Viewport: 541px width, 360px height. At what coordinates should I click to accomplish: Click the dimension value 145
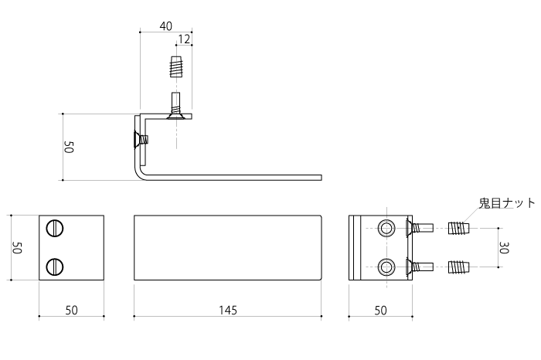(228, 311)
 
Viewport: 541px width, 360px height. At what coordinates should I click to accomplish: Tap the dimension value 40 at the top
(165, 26)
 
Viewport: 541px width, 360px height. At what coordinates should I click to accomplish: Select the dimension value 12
(184, 39)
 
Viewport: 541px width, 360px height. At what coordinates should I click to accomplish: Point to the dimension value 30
(504, 247)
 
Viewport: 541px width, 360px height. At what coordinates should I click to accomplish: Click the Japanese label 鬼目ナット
(506, 202)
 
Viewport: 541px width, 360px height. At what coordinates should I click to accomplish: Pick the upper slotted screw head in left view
(55, 228)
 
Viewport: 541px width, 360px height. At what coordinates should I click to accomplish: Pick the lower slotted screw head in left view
(55, 267)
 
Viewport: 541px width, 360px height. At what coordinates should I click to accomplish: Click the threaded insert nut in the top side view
(176, 66)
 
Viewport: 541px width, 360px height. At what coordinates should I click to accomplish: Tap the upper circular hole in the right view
(386, 228)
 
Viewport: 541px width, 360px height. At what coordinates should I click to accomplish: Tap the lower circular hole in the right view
(386, 267)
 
